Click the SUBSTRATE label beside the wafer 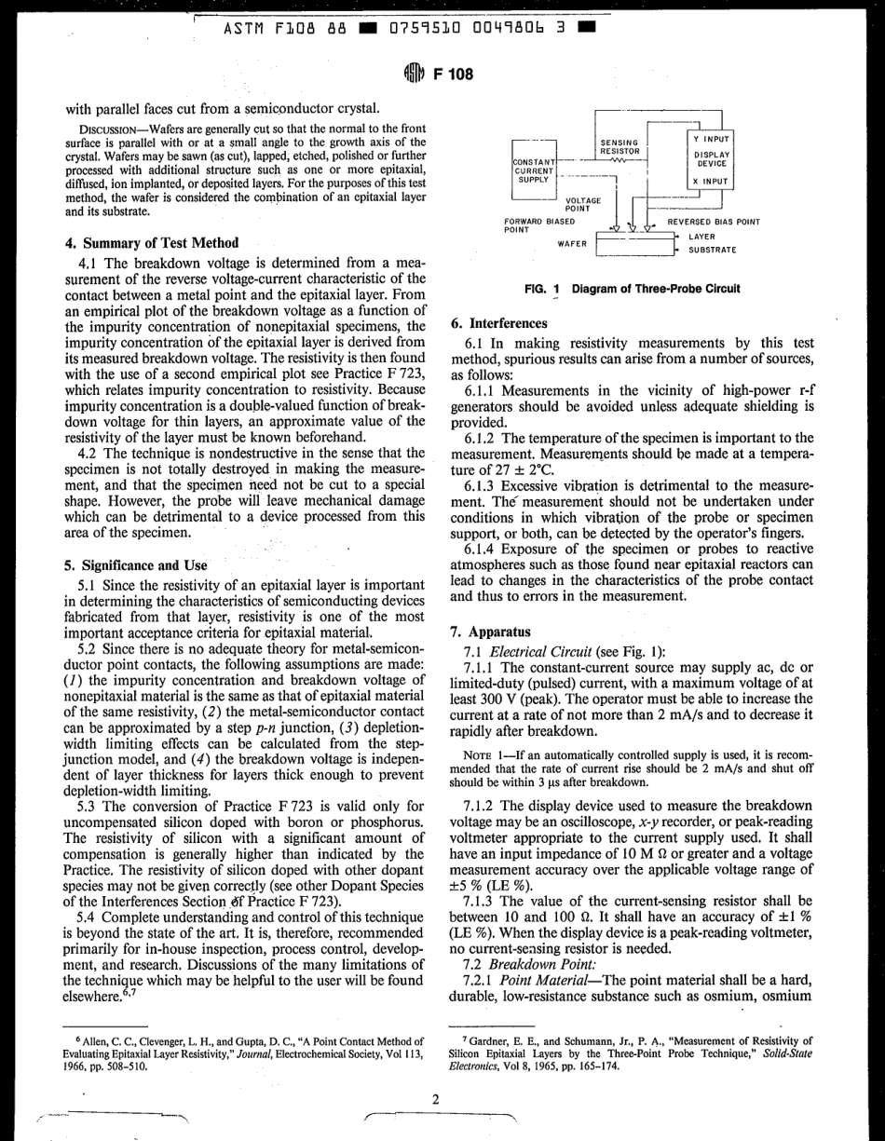[x=713, y=250]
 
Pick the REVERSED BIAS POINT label [x=713, y=223]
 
